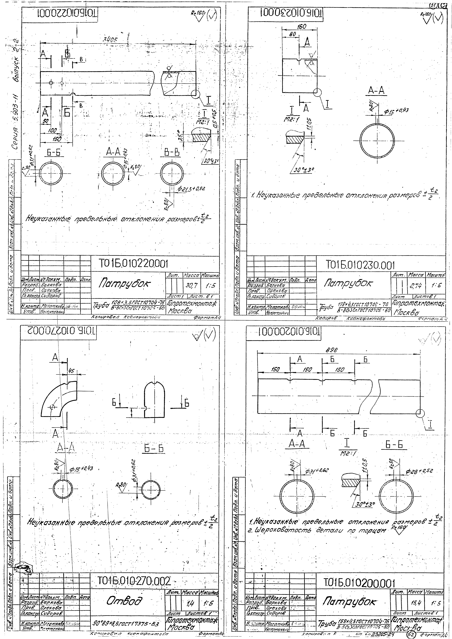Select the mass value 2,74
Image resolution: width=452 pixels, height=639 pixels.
[415, 286]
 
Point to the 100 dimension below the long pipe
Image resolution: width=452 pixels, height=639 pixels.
[52, 130]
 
